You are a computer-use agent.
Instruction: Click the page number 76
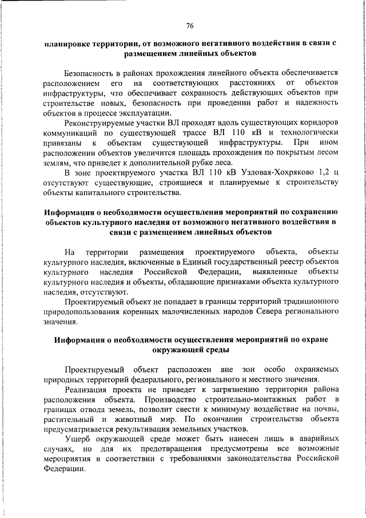click(190, 25)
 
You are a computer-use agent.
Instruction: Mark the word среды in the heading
click(217, 349)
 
